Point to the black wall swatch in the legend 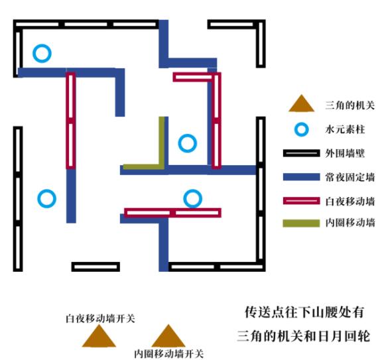(x=302, y=153)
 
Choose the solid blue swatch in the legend (x=302, y=177)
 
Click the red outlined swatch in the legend (x=302, y=201)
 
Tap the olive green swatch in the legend (x=302, y=223)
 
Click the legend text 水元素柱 (x=345, y=129)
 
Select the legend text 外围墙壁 (x=345, y=153)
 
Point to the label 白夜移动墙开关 (x=100, y=319)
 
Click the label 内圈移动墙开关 (x=169, y=354)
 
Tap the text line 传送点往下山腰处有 (x=304, y=312)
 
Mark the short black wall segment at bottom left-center (x=95, y=267)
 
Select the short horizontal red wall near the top (x=192, y=77)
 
